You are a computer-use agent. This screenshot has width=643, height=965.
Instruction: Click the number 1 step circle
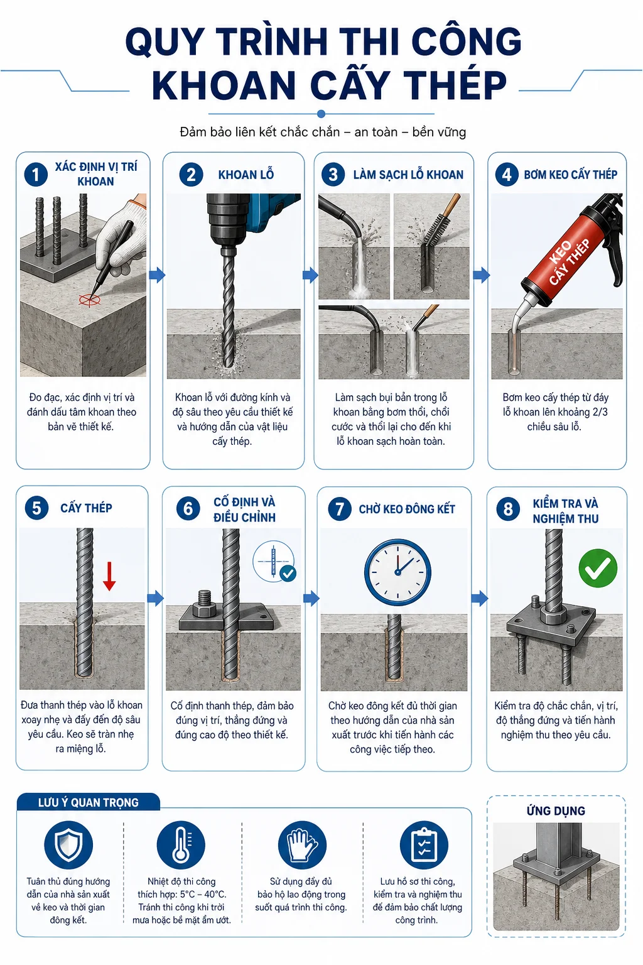[36, 175]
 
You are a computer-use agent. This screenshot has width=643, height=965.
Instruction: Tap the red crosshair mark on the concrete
[89, 300]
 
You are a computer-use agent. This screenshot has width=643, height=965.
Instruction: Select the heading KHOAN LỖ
[246, 175]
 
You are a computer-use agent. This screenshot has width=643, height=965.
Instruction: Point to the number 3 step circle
[333, 175]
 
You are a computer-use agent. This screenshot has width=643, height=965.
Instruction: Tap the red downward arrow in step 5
[109, 576]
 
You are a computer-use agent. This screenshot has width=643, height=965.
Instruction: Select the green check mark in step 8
[598, 568]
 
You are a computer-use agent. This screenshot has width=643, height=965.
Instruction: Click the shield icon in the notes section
[68, 845]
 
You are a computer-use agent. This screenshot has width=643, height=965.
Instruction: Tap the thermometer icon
[181, 845]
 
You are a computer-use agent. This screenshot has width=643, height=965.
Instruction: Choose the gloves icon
[302, 845]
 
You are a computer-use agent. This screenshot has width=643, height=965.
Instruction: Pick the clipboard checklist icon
[424, 845]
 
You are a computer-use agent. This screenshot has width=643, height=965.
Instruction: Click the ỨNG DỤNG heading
[556, 811]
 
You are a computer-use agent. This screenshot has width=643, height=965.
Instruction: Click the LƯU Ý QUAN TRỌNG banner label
[89, 802]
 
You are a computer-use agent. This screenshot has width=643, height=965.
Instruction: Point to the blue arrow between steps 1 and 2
[157, 275]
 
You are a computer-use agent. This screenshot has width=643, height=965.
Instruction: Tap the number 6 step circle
[188, 509]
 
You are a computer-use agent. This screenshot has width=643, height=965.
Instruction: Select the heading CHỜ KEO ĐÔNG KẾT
[407, 510]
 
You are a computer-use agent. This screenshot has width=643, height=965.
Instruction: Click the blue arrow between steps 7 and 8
[480, 598]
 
